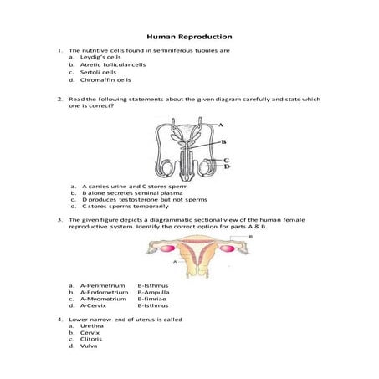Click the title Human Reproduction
pyautogui.click(x=189, y=37)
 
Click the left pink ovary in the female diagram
pyautogui.click(x=156, y=248)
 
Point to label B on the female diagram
pyautogui.click(x=251, y=238)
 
